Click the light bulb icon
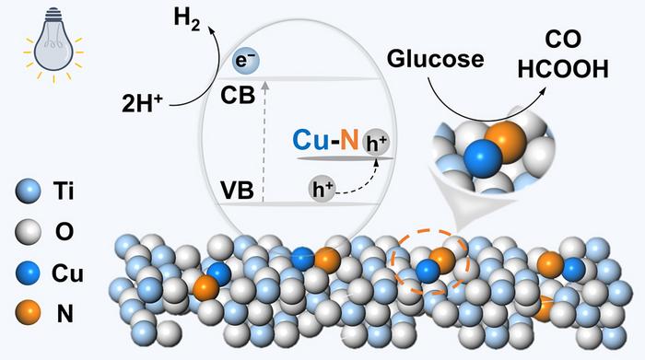point(53,44)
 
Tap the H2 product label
point(187,19)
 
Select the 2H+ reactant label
point(142,103)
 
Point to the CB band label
point(238,96)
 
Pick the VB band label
point(237,191)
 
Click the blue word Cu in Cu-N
point(311,139)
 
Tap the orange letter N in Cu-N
point(349,139)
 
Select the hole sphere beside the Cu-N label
point(375,143)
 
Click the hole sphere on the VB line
point(322,189)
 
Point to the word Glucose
point(435,59)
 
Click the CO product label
point(563,41)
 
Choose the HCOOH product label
point(563,69)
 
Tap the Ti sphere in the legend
point(28,192)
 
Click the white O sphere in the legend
point(28,232)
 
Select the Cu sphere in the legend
point(28,273)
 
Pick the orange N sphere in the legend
point(28,314)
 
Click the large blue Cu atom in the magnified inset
point(483,158)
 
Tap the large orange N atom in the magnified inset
point(507,142)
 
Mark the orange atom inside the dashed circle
point(442,260)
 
